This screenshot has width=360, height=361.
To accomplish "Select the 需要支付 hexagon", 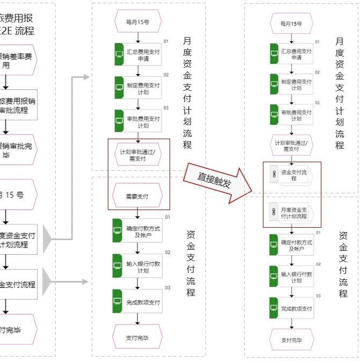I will tap(137, 197).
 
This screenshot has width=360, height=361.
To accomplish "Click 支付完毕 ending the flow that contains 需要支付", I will tap(137, 337).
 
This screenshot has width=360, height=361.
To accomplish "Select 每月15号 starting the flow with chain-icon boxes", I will tap(291, 24).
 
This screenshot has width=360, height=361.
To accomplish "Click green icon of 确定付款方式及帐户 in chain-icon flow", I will tap(274, 245).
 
